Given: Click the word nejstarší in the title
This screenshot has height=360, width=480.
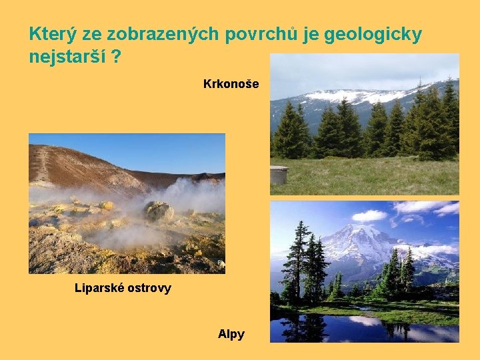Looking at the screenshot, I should (x=66, y=57).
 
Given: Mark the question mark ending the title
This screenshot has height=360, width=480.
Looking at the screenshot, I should (x=117, y=57).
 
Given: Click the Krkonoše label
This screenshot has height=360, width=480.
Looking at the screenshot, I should (x=231, y=85).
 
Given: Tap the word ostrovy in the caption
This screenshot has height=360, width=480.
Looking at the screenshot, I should (x=150, y=288).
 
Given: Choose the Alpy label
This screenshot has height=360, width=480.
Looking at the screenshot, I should (x=231, y=334).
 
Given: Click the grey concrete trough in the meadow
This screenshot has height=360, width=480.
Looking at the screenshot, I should (x=279, y=175).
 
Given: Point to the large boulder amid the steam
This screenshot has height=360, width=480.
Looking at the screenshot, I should (x=159, y=211).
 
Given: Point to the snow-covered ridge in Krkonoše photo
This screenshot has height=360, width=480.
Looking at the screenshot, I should (x=360, y=96).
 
